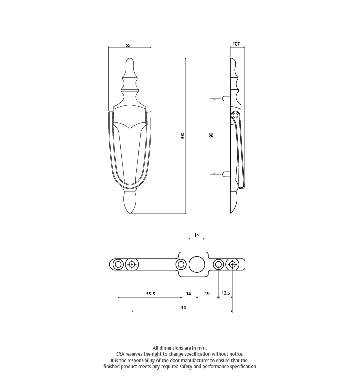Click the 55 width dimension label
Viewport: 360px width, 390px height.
[128, 45]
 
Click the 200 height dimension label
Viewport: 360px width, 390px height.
[183, 136]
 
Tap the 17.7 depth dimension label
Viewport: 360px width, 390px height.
[236, 44]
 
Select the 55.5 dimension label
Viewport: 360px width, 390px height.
[150, 294]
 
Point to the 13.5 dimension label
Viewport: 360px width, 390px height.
[225, 293]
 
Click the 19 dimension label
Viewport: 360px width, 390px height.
[207, 294]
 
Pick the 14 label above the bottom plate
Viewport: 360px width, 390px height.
[197, 235]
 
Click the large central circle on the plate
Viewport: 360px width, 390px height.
[197, 264]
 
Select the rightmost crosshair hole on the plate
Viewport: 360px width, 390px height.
[232, 264]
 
